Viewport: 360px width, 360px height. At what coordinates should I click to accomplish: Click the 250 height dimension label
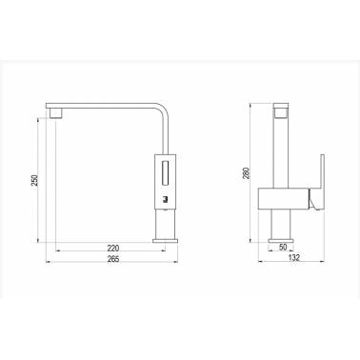[x=35, y=180]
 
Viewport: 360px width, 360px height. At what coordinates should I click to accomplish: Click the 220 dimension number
[x=113, y=248]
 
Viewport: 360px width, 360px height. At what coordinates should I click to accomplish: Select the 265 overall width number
[x=113, y=259]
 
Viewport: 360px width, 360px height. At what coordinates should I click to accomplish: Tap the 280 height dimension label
[x=247, y=173]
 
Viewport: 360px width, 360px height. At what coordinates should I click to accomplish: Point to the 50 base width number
[x=283, y=247]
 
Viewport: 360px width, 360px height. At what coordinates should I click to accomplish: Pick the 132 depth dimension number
[x=294, y=257]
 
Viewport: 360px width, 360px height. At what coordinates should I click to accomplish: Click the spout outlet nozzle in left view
[x=56, y=113]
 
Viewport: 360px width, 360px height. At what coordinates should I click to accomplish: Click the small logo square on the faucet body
[x=165, y=199]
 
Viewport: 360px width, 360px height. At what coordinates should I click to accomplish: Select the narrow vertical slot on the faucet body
[x=166, y=173]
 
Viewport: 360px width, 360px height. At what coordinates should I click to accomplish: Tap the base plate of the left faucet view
[x=166, y=241]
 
